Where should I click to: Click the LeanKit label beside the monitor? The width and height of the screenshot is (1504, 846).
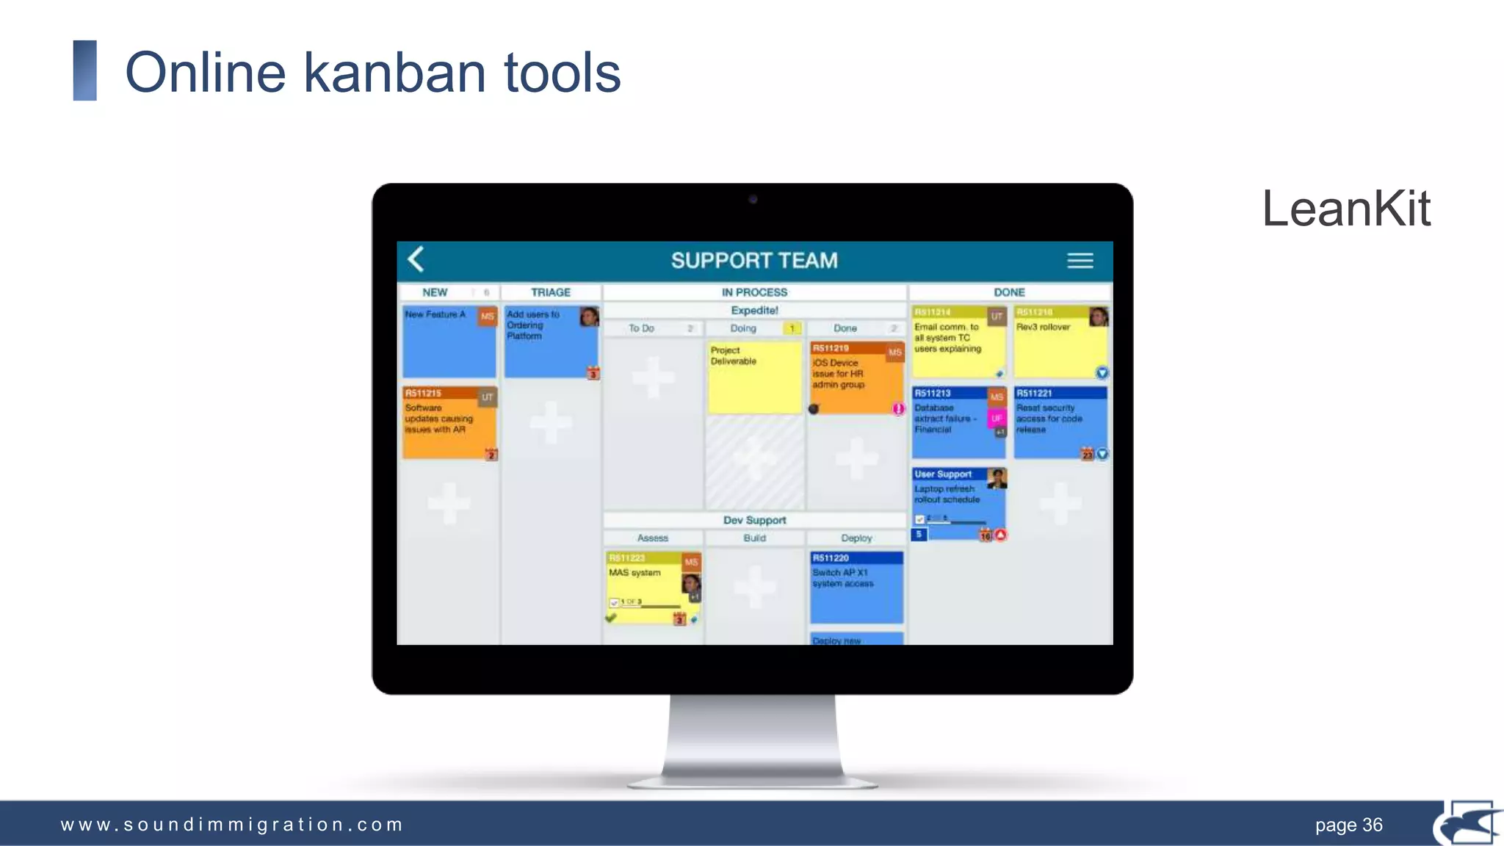[1346, 209]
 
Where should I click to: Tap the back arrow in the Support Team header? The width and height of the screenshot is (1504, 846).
[416, 259]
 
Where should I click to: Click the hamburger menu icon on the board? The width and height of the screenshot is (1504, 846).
[1080, 261]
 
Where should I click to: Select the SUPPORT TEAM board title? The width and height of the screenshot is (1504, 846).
[754, 261]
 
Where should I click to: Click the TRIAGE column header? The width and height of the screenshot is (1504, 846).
[551, 292]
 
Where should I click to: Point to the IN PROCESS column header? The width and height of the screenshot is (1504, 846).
[754, 292]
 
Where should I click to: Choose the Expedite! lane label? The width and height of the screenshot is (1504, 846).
[754, 311]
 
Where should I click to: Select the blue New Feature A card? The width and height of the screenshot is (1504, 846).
[449, 342]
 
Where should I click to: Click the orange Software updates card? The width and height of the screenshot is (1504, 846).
[449, 423]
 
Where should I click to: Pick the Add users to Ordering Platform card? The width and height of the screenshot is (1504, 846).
[551, 342]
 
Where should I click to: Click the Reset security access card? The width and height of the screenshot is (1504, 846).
[1060, 423]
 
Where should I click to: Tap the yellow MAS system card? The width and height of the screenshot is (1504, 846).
[653, 587]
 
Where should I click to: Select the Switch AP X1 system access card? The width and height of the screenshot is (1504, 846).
[856, 587]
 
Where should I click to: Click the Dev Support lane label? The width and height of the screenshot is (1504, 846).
[754, 520]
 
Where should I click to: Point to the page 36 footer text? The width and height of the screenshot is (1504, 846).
[1348, 825]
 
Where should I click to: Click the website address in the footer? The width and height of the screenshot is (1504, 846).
[232, 825]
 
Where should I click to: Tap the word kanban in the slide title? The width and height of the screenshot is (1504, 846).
[394, 73]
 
